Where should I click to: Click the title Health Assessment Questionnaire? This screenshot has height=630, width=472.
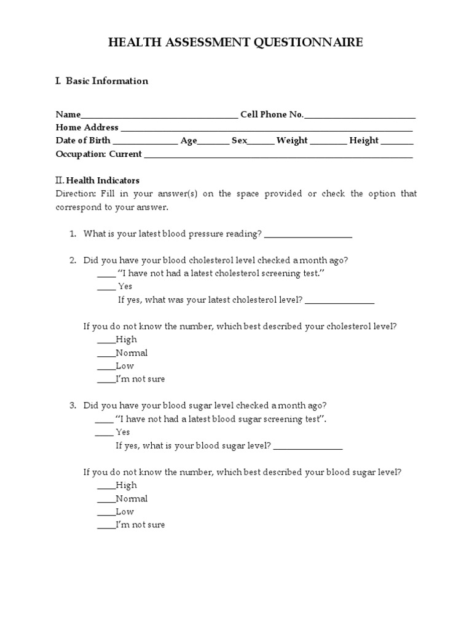point(236,42)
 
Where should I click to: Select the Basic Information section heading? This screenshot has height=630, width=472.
point(102,81)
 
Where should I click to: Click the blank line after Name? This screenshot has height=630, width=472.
point(159,116)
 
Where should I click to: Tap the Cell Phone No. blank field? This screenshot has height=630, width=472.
point(360,116)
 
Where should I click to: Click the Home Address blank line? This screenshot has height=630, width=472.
point(267,129)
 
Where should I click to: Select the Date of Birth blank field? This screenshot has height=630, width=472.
point(145,142)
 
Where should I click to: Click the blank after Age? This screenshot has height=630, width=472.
point(213,142)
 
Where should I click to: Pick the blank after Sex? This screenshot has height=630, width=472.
point(261,142)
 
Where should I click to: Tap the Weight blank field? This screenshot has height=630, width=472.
point(328,142)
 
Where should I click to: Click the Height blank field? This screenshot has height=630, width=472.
point(397,142)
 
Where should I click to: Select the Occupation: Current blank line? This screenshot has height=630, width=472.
point(278,155)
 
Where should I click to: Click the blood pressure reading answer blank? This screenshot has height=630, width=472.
point(309,235)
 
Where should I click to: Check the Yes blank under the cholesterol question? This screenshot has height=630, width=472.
point(106,287)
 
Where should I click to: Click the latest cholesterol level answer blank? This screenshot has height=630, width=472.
point(339,301)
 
